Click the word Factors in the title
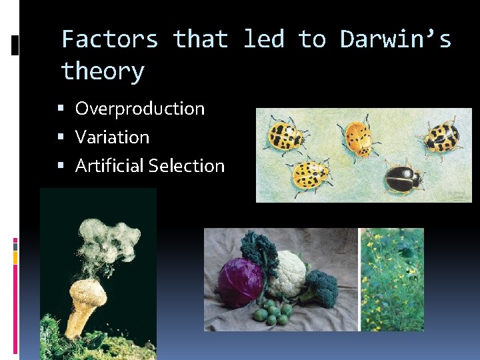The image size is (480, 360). (x=109, y=40)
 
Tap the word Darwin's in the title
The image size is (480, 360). (x=395, y=40)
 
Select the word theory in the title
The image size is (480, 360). (x=102, y=71)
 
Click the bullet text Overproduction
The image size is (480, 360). (x=140, y=109)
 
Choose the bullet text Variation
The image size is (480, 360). (x=112, y=137)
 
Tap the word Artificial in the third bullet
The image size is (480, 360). (x=110, y=166)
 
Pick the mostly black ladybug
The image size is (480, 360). (x=404, y=178)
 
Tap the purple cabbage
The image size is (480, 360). (x=241, y=282)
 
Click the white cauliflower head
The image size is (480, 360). (x=289, y=272)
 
